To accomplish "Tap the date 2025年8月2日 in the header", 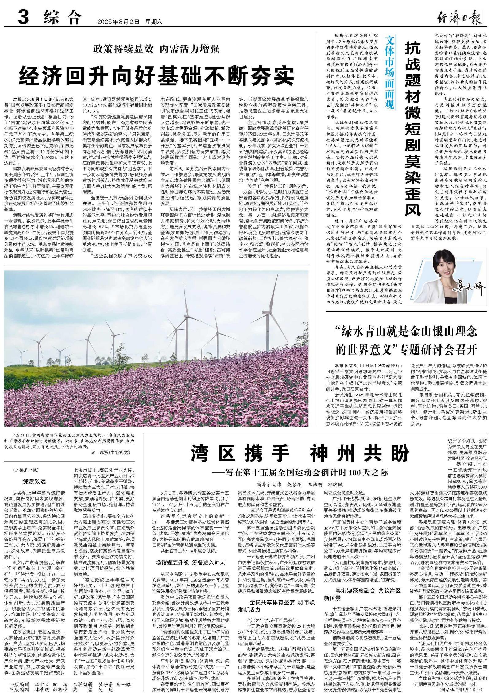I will [x=118, y=22].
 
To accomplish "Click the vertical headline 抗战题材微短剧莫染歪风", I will [x=412, y=129].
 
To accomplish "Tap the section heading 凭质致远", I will [x=34, y=481].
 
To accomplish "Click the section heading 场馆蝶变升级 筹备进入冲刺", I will [x=191, y=562].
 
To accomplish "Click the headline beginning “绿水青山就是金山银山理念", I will [x=406, y=340].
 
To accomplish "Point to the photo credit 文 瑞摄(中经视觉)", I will [x=111, y=452].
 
